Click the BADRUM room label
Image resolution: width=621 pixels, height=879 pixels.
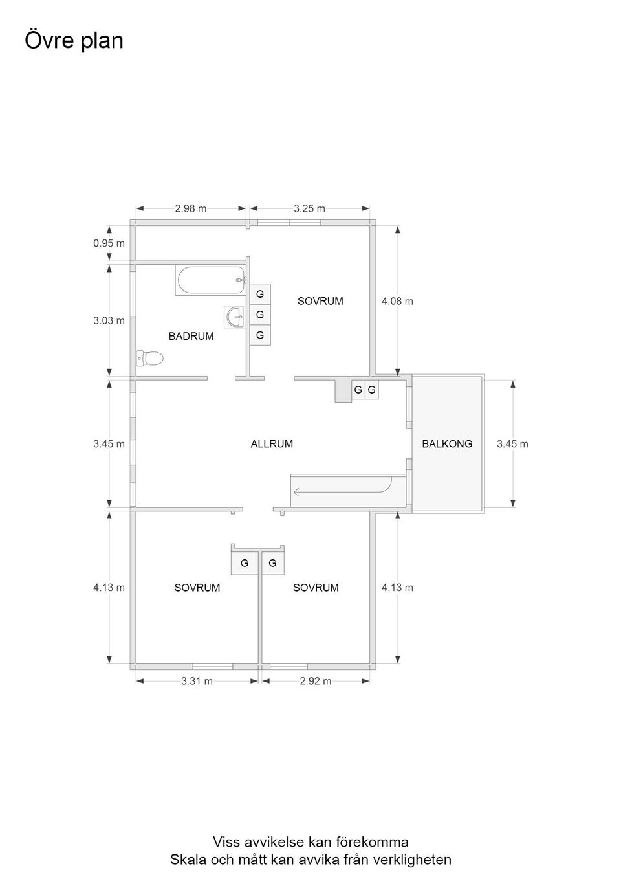coord(191,337)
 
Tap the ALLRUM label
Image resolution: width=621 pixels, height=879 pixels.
coord(272,444)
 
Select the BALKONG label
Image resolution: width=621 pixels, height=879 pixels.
coord(447,444)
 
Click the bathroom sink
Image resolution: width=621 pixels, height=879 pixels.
coord(234,317)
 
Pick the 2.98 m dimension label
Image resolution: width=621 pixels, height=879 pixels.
coord(191,208)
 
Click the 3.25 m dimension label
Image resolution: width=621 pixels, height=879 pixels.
coord(309,208)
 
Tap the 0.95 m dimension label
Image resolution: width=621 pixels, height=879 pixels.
coord(109,243)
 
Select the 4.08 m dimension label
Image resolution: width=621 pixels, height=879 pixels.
coord(397,301)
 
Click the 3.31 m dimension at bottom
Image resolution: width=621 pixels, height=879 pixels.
coord(197,681)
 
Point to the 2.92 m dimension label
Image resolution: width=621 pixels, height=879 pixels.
coord(315,681)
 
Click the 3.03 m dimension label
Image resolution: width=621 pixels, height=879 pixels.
coord(109,320)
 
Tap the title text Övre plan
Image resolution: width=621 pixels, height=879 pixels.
coord(74,41)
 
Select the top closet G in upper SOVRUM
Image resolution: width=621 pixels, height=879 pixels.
coord(260,294)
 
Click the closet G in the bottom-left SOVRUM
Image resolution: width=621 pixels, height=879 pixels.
coord(245,563)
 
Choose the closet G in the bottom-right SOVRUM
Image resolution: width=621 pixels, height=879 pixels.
coord(272,563)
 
